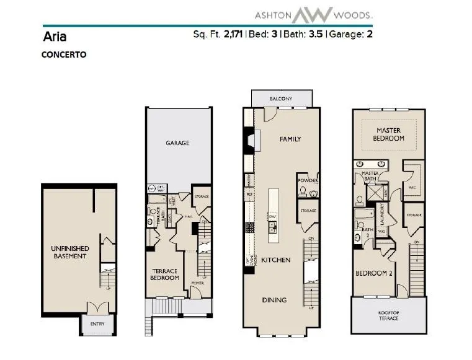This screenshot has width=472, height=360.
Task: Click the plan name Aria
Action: (53, 35)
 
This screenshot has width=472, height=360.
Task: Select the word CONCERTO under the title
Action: (64, 54)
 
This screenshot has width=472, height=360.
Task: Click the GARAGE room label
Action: (177, 143)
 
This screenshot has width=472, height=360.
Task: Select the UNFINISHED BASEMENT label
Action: (69, 252)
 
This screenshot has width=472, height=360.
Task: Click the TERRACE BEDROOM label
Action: (166, 274)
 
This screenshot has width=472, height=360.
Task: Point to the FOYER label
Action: (197, 283)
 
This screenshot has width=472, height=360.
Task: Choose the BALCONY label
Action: (280, 99)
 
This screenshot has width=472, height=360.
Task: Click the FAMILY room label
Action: (290, 139)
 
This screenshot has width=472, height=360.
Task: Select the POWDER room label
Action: (308, 181)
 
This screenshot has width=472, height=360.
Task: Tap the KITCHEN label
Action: (275, 260)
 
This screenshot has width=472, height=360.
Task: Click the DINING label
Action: (274, 300)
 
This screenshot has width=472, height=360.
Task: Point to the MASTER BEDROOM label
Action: (389, 134)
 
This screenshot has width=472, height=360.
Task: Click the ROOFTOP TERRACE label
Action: (389, 315)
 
